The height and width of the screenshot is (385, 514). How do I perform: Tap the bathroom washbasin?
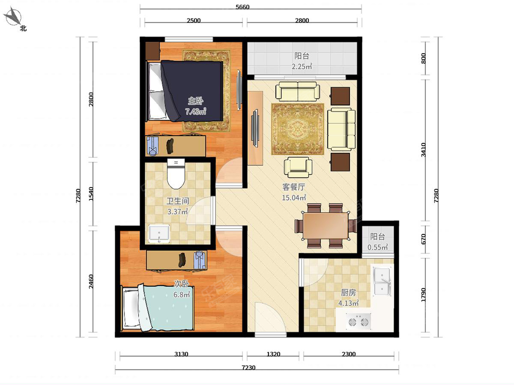tap(159, 234)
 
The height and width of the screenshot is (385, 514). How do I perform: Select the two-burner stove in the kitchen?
tap(358, 322)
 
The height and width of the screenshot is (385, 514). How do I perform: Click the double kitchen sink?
tap(382, 281)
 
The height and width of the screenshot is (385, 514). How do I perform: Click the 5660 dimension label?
tap(242, 7)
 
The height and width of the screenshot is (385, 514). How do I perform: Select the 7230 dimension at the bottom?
tap(248, 368)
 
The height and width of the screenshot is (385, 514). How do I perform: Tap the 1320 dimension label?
tap(273, 354)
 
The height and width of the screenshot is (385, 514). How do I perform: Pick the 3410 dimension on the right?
tap(423, 150)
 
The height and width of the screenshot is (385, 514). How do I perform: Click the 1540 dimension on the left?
tap(91, 194)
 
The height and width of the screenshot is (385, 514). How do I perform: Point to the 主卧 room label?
tap(195, 101)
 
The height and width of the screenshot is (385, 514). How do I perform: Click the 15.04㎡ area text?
tap(294, 198)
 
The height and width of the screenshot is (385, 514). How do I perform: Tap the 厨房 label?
tap(348, 293)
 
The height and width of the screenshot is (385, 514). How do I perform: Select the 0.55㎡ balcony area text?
tap(377, 247)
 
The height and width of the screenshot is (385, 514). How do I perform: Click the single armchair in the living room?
tap(298, 167)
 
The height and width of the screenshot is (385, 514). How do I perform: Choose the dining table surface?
tap(326, 225)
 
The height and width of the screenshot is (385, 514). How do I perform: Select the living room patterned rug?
tap(297, 129)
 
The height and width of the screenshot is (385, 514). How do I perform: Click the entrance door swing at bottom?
tap(270, 318)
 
